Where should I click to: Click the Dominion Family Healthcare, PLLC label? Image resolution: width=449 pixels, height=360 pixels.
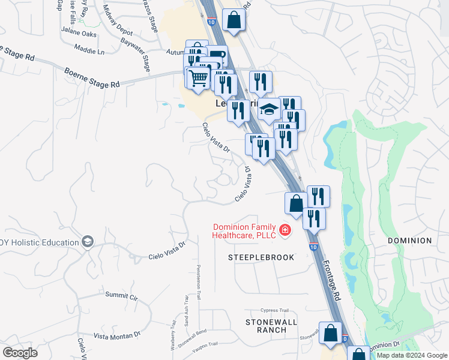click(x=244, y=231)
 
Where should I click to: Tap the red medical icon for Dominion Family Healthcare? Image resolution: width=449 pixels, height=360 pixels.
click(x=284, y=229)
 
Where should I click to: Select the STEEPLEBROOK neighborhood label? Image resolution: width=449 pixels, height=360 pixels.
click(x=261, y=257)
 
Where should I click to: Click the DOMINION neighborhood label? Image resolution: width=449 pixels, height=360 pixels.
click(x=409, y=241)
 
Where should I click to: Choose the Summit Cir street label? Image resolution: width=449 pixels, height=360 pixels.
click(x=121, y=296)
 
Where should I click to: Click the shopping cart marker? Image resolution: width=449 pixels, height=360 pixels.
click(x=199, y=78)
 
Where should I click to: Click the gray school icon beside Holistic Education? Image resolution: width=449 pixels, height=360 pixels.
click(x=88, y=241)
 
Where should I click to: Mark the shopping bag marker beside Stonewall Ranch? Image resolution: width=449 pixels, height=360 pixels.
click(x=330, y=332)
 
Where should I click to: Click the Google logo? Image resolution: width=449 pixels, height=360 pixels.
click(x=20, y=353)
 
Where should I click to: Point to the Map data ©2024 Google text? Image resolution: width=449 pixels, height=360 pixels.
click(x=412, y=355)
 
